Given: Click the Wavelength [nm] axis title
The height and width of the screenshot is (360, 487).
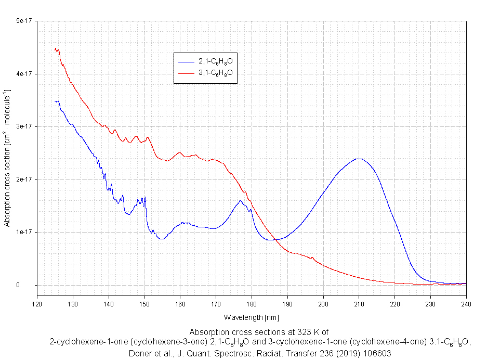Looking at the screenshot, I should tap(252, 317).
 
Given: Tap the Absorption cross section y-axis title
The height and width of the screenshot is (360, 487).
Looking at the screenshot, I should tap(7, 158).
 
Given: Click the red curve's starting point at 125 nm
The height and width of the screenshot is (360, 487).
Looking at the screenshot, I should tap(55, 49).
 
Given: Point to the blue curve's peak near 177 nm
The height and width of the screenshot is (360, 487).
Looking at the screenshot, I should tap(241, 201).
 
